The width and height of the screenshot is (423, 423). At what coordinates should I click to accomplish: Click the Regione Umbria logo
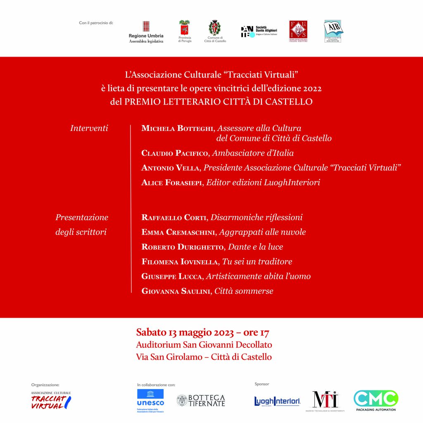point(146,32)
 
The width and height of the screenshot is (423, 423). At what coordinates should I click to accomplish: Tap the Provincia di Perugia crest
point(185,31)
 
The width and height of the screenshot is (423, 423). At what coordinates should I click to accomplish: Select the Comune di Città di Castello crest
point(214,31)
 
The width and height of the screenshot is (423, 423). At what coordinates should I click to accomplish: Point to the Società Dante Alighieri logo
point(259,31)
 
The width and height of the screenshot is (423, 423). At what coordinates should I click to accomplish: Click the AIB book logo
point(333,31)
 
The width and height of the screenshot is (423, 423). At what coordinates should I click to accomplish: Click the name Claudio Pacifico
point(176,153)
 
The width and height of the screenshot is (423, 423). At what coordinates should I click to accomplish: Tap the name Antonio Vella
point(170,168)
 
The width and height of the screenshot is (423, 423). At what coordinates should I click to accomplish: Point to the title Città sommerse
point(244,291)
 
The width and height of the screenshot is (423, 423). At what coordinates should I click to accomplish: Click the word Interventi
point(89,128)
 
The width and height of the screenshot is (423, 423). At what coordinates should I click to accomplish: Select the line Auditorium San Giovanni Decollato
point(204,345)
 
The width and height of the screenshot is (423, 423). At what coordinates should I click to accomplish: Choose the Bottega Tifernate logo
point(201,400)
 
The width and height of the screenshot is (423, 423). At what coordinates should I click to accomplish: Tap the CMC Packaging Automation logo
point(375,400)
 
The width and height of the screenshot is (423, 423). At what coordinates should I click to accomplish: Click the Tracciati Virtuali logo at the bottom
point(51,400)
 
